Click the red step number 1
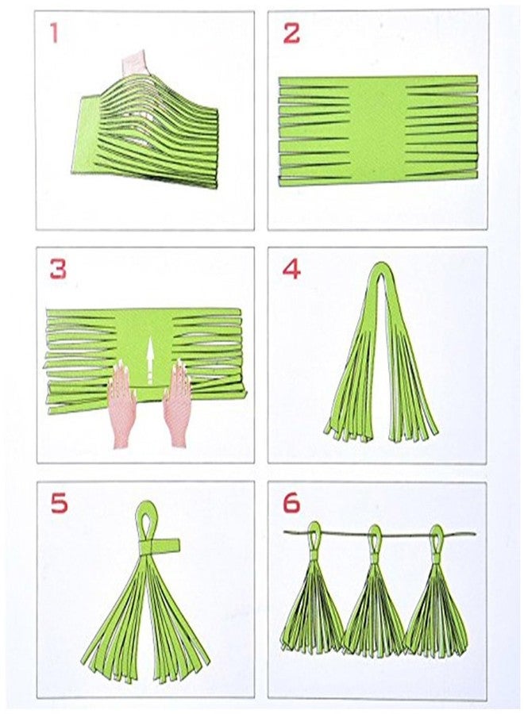coord(55,33)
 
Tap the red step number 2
coord(291,33)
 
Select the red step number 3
coord(58,269)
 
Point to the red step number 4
coord(291,270)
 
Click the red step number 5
coord(60,504)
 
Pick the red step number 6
coord(291,504)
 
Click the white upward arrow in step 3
coord(149,359)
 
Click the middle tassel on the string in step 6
coord(374,594)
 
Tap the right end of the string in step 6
coord(476,534)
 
